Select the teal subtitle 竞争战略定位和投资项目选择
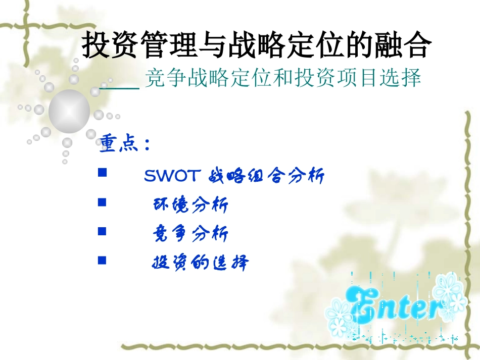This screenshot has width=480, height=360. tap(282, 78)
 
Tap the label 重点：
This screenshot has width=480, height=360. tap(124, 144)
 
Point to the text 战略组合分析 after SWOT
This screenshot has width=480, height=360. tap(266, 176)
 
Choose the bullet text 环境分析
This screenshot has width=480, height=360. tap(190, 205)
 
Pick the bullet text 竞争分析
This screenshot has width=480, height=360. tap(190, 234)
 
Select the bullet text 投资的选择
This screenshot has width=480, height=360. tap(201, 263)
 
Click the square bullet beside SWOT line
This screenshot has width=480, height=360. tap(102, 173)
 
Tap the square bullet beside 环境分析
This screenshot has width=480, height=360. tap(102, 202)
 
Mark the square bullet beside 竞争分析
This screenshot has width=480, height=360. tap(102, 231)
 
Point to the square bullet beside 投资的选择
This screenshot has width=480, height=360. tap(102, 260)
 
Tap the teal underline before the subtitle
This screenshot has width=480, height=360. tap(120, 88)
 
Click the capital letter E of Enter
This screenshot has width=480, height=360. tap(365, 305)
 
